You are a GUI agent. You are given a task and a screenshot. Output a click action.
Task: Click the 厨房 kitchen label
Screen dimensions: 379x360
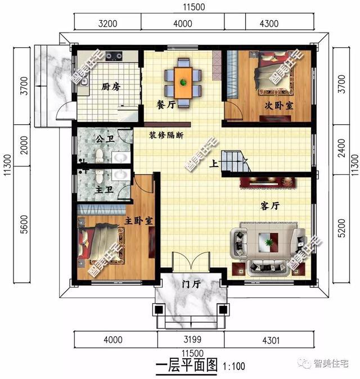pyautogui.click(x=111, y=87)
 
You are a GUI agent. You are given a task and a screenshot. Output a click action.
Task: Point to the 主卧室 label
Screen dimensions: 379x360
pyautogui.click(x=139, y=220)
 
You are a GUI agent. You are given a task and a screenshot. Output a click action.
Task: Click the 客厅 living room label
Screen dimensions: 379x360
pyautogui.click(x=270, y=206)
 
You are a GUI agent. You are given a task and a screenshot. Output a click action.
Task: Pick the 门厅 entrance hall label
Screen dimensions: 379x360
pyautogui.click(x=192, y=285)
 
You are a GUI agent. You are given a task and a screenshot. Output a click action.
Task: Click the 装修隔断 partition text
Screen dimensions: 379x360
pyautogui.click(x=166, y=136)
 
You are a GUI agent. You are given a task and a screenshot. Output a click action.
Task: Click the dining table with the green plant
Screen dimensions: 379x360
pyautogui.click(x=183, y=82)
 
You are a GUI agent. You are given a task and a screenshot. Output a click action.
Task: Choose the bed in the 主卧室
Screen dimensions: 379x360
pyautogui.click(x=102, y=243)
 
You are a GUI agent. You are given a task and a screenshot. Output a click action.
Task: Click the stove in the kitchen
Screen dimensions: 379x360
pyautogui.click(x=116, y=56)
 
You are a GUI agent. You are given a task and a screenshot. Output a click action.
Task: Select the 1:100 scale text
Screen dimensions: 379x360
pyautogui.click(x=234, y=367)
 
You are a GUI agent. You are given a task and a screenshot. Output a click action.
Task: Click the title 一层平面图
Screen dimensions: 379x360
pyautogui.click(x=186, y=366)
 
